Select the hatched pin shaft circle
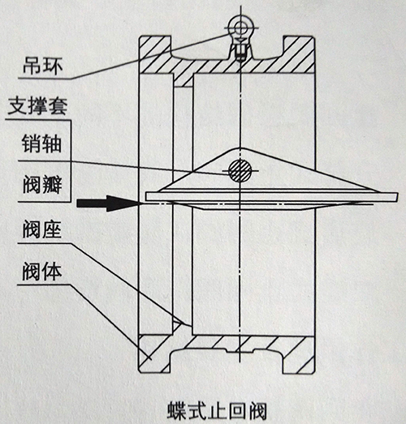(x=240, y=171)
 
